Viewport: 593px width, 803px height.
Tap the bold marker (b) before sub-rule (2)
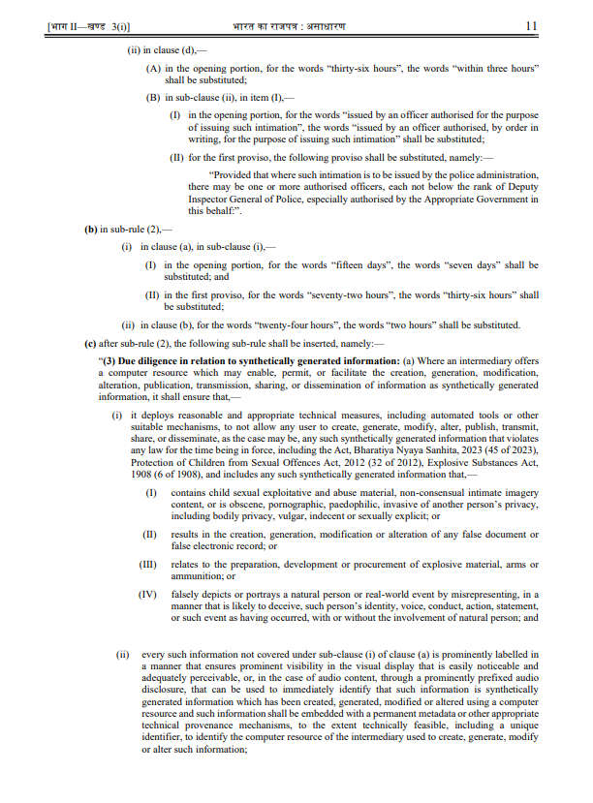point(91,232)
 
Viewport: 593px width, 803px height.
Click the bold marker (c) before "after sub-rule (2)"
point(91,342)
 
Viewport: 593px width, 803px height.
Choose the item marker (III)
point(150,563)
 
